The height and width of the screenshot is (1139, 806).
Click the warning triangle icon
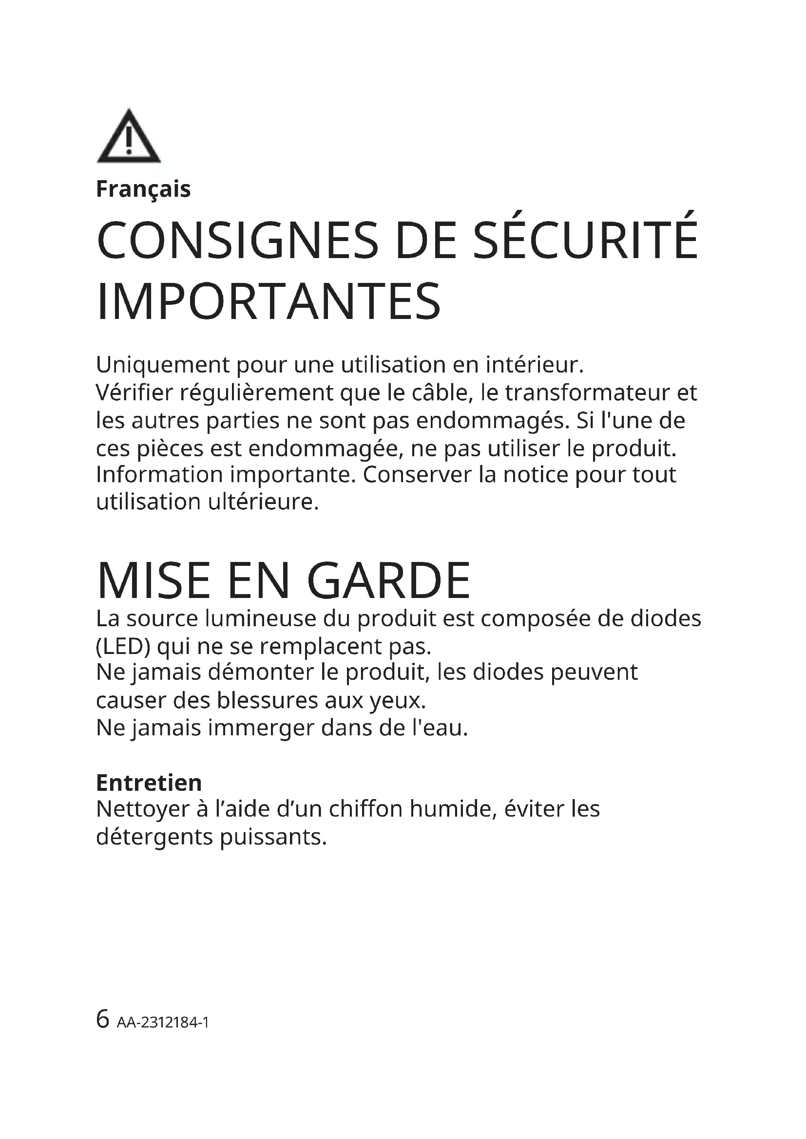click(x=129, y=136)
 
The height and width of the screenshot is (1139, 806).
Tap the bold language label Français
click(x=143, y=189)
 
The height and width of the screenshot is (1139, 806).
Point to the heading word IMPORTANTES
click(x=269, y=302)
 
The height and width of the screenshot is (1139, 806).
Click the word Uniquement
click(x=162, y=365)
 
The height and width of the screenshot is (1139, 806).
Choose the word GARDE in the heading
click(x=388, y=581)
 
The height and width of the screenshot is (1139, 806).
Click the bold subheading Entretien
click(x=149, y=783)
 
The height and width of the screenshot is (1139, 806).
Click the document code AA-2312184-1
click(x=163, y=1023)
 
